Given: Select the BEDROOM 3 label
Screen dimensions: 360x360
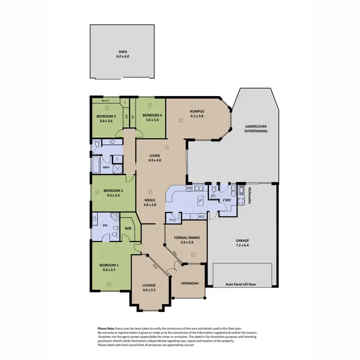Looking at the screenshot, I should pyautogui.click(x=106, y=116).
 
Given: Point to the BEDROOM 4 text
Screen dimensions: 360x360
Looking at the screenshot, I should pyautogui.click(x=151, y=116).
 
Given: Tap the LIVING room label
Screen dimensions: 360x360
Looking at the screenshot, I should pyautogui.click(x=154, y=155).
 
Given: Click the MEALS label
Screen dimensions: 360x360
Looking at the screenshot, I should pyautogui.click(x=150, y=200).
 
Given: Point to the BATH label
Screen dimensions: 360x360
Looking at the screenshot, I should pyautogui.click(x=106, y=168).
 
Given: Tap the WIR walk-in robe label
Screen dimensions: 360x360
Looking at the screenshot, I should pyautogui.click(x=128, y=229).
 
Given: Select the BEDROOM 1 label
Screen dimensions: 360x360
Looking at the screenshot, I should pyautogui.click(x=108, y=265).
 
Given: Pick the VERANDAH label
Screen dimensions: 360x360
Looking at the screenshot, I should pyautogui.click(x=189, y=283).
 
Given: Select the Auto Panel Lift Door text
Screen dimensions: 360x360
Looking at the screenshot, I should pyautogui.click(x=241, y=284).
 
